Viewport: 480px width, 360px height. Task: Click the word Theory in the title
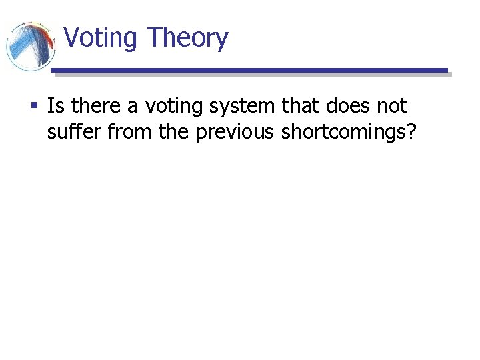click(187, 39)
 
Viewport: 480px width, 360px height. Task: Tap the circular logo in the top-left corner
click(29, 45)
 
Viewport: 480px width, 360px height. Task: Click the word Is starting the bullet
click(55, 105)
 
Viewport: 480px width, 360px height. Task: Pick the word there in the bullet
click(94, 105)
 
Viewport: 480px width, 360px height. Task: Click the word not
click(392, 105)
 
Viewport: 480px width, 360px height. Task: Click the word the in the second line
click(174, 131)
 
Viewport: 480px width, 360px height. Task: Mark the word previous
click(235, 133)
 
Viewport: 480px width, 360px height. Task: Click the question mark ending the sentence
click(412, 131)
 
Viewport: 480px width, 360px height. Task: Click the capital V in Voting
click(73, 39)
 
